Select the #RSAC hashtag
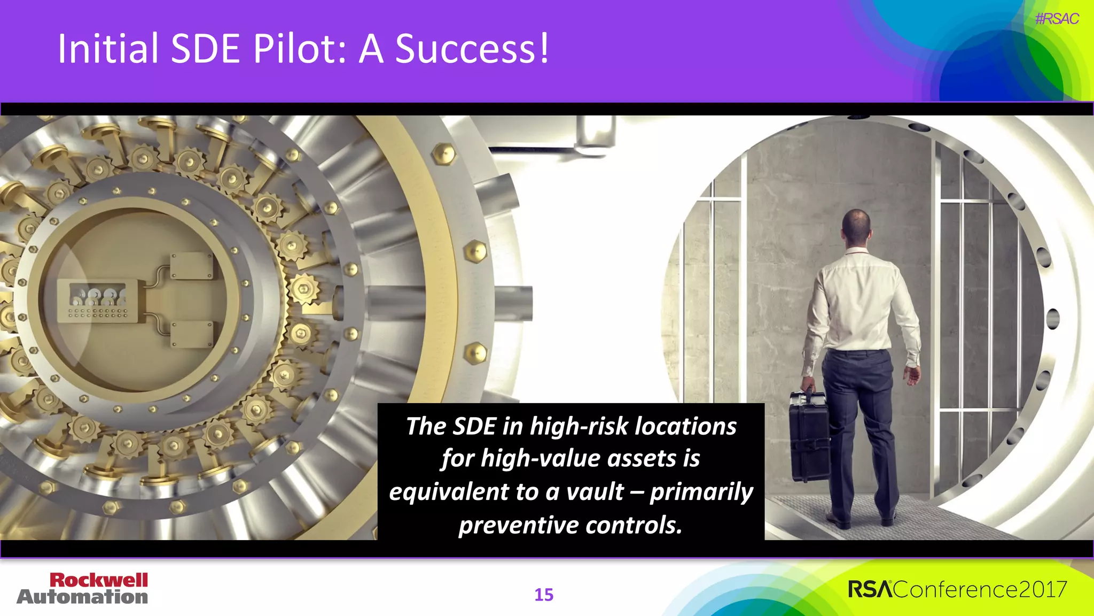[x=1056, y=19]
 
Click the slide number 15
[x=544, y=595]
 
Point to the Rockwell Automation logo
[x=83, y=588]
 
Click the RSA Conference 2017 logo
[x=957, y=589]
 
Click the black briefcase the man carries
[x=809, y=436]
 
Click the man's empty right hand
[x=912, y=374]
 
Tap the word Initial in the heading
[x=108, y=49]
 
